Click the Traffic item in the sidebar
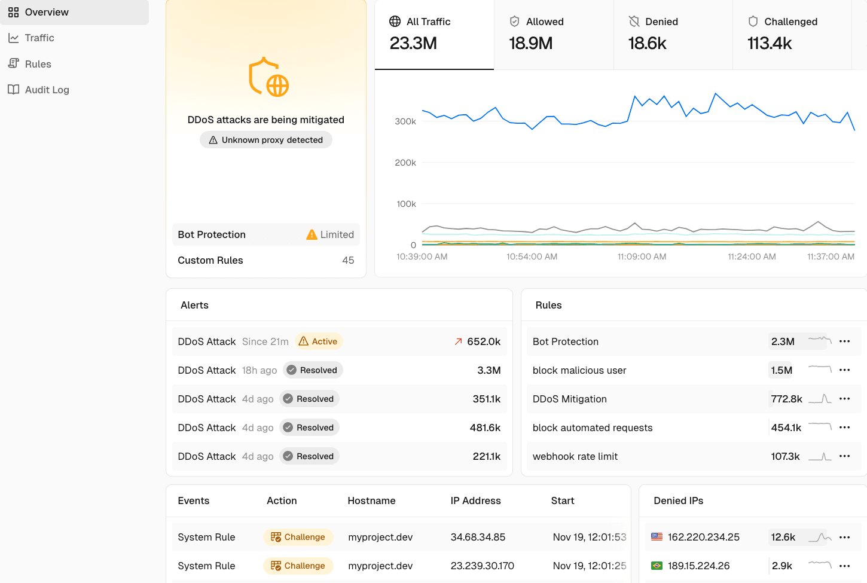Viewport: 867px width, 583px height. point(39,38)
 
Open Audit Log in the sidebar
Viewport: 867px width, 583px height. point(47,90)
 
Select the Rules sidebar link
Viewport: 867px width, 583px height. point(38,64)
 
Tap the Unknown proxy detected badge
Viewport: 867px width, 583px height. point(266,140)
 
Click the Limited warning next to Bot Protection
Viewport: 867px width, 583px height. point(330,234)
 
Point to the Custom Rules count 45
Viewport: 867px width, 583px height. point(347,260)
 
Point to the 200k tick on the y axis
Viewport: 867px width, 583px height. point(405,163)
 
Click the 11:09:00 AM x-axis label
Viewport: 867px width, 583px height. point(642,257)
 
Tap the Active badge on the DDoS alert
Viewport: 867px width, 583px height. point(319,341)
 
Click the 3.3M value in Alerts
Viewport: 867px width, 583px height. point(489,370)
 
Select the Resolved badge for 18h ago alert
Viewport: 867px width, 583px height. point(313,370)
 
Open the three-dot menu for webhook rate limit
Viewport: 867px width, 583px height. point(844,456)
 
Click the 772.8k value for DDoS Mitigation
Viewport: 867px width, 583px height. point(786,399)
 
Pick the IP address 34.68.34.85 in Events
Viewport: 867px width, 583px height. point(478,537)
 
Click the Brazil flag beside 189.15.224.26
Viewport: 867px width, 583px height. point(657,566)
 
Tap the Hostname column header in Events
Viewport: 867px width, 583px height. point(371,500)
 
